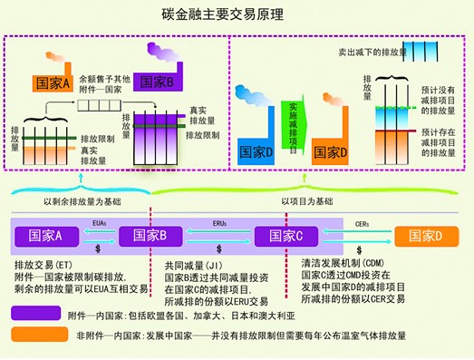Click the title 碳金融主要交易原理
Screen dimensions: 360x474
[x=237, y=14]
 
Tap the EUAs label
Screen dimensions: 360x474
[x=99, y=223]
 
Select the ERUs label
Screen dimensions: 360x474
[x=220, y=223]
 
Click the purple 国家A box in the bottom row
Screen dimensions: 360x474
[x=45, y=236]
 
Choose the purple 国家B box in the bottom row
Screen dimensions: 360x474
[x=150, y=236]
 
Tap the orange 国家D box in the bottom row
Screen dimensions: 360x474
[x=426, y=237]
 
